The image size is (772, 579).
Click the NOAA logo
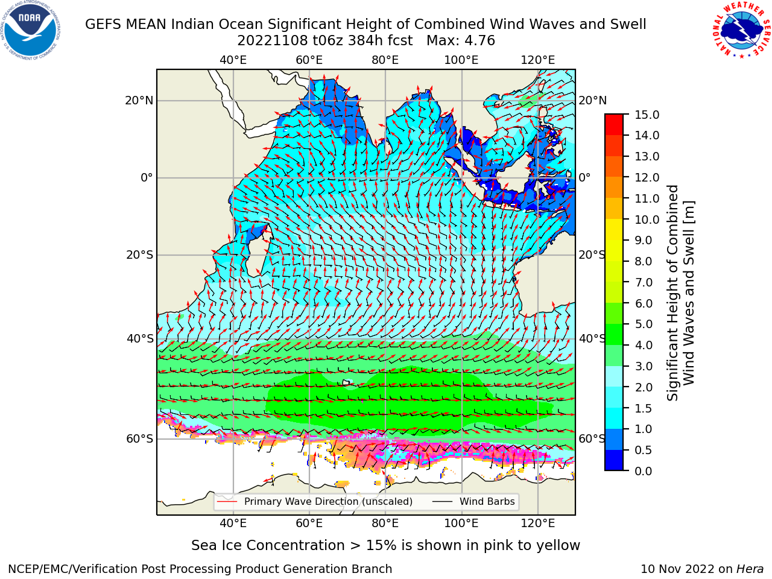[x=31, y=30]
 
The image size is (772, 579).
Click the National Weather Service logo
[x=741, y=30]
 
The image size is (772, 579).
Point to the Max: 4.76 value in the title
[x=461, y=41]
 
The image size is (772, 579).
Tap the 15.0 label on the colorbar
[x=647, y=115]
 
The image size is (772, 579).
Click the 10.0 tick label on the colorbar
[x=647, y=220]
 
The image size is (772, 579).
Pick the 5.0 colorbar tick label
[x=644, y=324]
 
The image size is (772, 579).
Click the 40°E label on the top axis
[x=233, y=60]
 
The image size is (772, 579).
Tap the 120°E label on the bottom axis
[x=538, y=524]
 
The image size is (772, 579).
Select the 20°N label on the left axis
[x=139, y=101]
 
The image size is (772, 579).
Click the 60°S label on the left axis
[x=140, y=439]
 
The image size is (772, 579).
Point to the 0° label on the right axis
[x=584, y=177]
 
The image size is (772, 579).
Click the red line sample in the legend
[x=227, y=502]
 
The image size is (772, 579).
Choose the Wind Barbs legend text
[x=487, y=502]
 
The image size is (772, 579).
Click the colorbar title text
[x=680, y=293]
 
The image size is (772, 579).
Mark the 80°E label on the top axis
[x=385, y=60]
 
